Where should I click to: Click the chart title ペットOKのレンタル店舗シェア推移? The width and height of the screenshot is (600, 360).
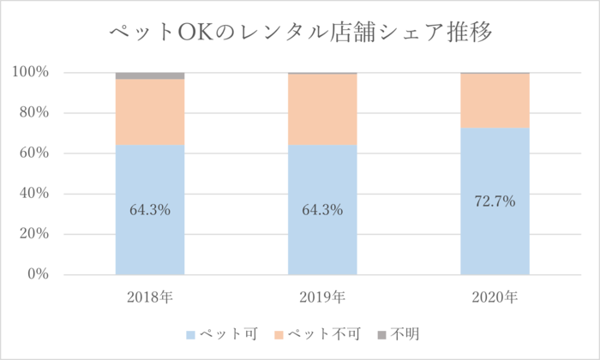(x=300, y=33)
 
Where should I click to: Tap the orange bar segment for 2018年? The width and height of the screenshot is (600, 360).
(x=150, y=111)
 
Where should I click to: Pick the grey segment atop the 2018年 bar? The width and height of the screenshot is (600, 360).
(x=150, y=75)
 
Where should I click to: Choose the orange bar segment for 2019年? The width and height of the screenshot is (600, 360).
(x=322, y=110)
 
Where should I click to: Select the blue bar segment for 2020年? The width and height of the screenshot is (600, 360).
(x=495, y=240)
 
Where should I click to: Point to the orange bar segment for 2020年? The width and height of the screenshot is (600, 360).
(x=495, y=101)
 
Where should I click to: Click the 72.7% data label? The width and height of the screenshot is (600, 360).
(x=495, y=202)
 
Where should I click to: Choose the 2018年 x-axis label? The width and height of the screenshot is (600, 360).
(x=150, y=298)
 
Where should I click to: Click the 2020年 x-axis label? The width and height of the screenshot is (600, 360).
(x=495, y=298)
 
